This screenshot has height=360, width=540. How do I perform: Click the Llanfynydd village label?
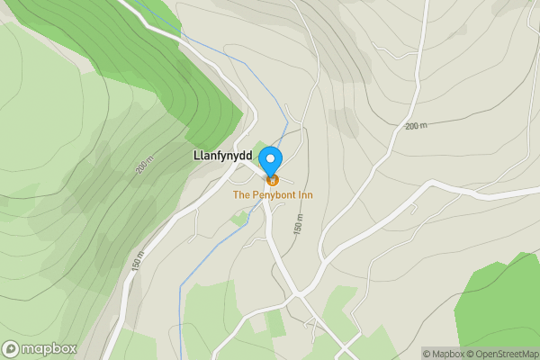tap(222, 155)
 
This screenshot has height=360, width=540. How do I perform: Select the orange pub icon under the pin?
tap(271, 180)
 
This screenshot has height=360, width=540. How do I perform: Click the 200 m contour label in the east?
tap(416, 126)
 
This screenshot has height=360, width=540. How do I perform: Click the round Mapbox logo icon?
tap(11, 348)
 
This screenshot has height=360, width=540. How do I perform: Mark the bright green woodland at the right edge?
tap(499, 306)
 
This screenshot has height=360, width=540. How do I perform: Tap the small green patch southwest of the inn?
tap(239, 219)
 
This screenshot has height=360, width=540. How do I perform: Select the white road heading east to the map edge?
tap(486, 187)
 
